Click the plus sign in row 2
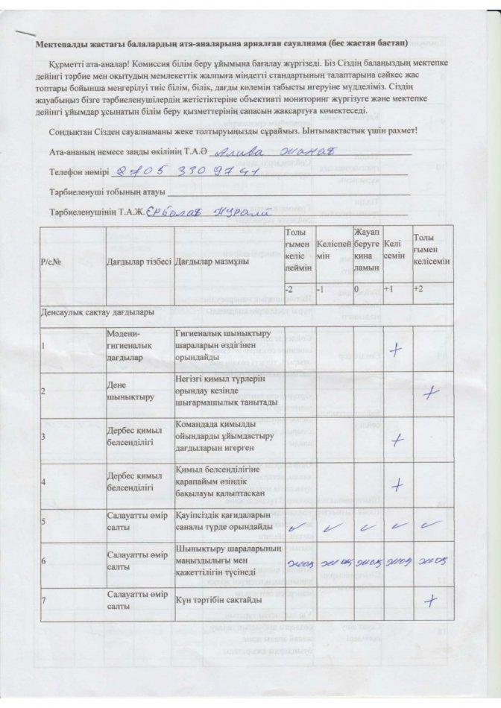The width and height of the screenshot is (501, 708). [x=429, y=393]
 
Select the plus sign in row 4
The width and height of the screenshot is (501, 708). [x=400, y=485]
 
